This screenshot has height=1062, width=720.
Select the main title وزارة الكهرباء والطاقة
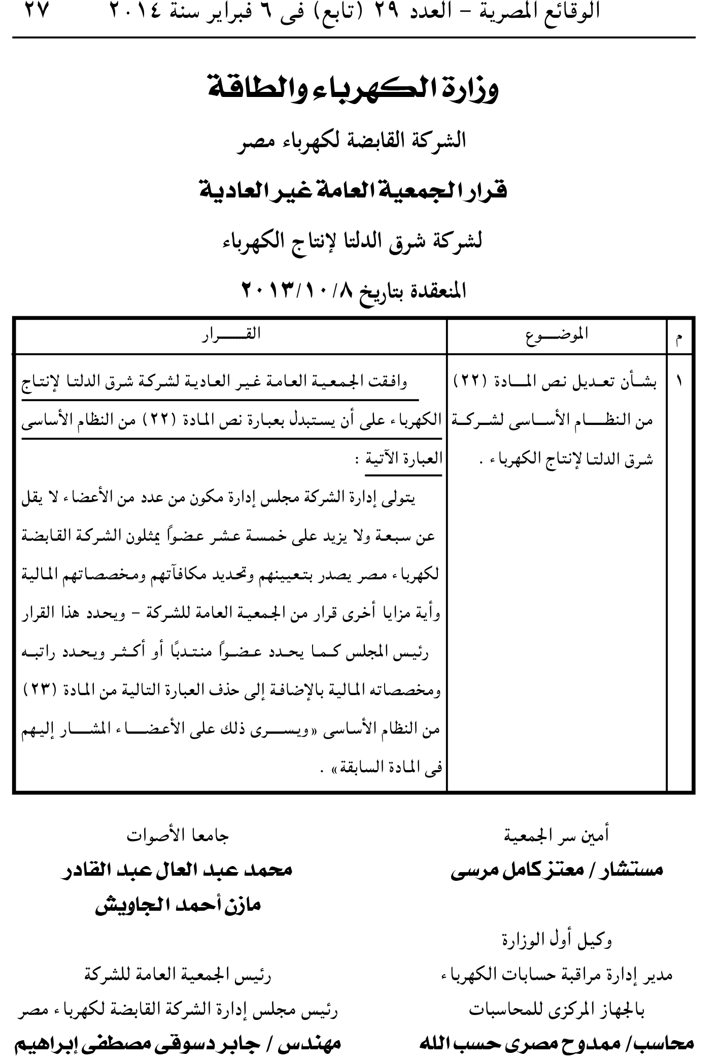pyautogui.click(x=354, y=88)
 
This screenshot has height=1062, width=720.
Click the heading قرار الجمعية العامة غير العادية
pyautogui.click(x=354, y=191)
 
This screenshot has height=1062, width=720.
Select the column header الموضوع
pyautogui.click(x=557, y=335)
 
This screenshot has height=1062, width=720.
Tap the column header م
pyautogui.click(x=680, y=337)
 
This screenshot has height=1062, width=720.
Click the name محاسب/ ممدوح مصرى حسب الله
pyautogui.click(x=557, y=1046)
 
